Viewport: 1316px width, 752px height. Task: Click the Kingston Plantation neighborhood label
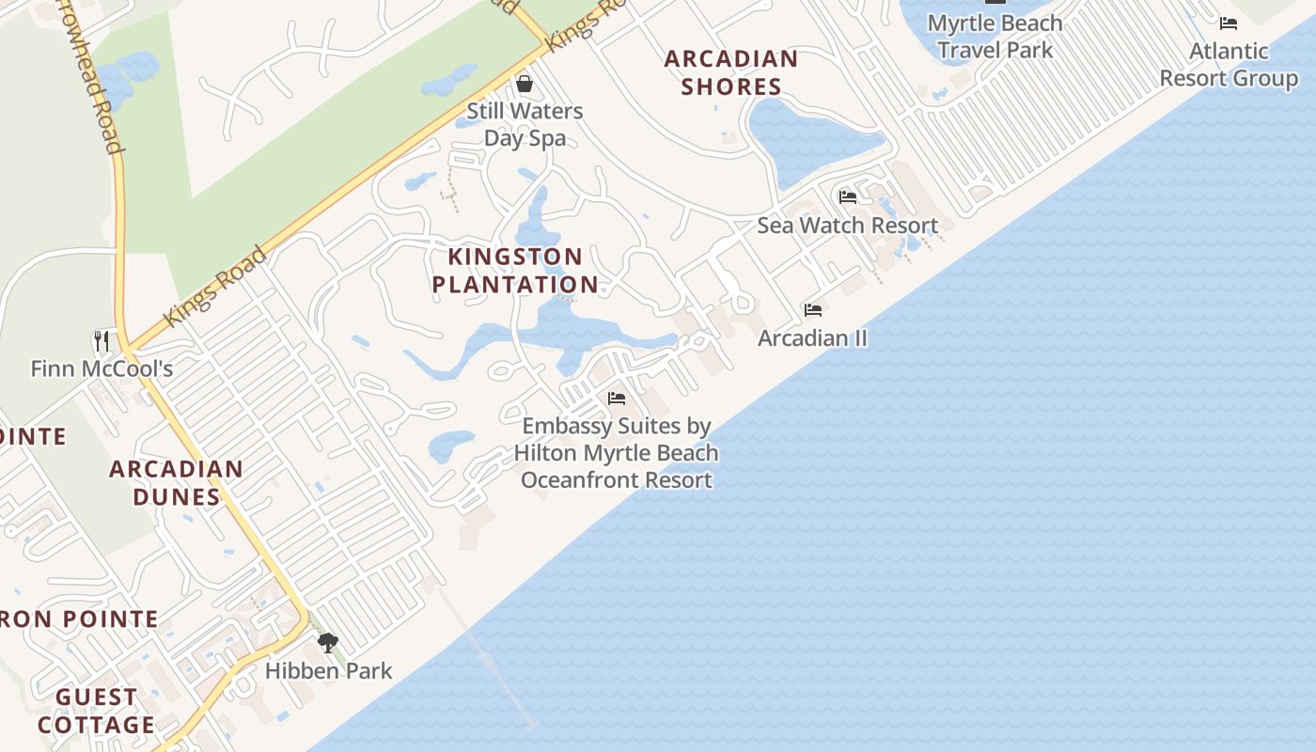coord(515,271)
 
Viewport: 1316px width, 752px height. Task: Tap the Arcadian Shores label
coord(731,72)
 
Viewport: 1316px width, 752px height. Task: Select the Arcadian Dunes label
coord(177,482)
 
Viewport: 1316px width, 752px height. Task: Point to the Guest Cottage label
coord(96,711)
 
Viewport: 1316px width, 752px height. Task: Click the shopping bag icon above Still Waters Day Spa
coord(525,85)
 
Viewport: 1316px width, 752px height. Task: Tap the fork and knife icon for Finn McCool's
coord(102,340)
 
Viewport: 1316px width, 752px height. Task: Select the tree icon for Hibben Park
coord(328,643)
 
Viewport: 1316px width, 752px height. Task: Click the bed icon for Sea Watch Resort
coord(848,197)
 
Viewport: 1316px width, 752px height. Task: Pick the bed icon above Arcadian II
coord(813,310)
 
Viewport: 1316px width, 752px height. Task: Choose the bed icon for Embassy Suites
coord(617,399)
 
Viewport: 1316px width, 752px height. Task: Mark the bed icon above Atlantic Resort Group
coord(1229,23)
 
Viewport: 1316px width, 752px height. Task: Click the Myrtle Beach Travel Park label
coord(995,37)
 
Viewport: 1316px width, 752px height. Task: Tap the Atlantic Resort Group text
coord(1229,64)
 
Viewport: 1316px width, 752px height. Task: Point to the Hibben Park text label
coord(328,671)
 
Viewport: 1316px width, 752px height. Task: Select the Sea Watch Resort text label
coord(848,226)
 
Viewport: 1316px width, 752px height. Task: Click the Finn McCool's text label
coord(102,368)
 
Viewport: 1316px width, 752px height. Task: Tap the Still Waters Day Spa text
coord(525,124)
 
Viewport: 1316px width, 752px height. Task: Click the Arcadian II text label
coord(813,338)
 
